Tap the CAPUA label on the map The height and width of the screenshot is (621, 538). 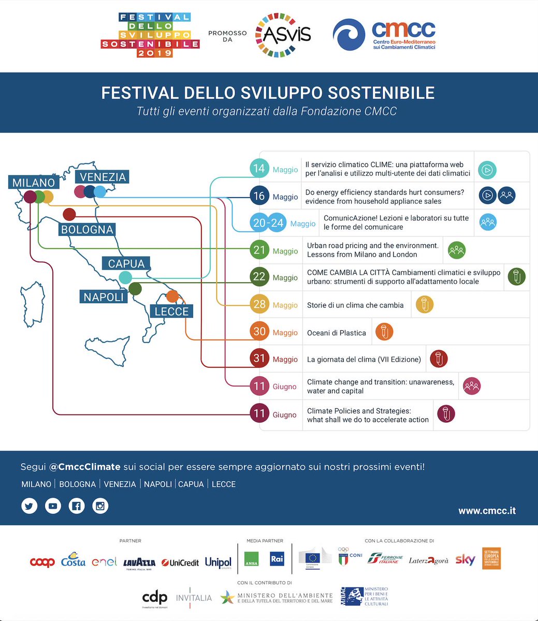coord(126,263)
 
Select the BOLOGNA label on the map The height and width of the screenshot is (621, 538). coord(87,229)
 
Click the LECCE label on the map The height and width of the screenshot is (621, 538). coord(172,312)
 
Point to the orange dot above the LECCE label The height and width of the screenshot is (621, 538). coord(172,296)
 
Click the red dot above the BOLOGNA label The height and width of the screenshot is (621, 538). coord(69,214)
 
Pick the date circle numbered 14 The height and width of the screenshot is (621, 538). coord(259,169)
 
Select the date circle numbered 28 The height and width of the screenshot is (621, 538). coord(259,304)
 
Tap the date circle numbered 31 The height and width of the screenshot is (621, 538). coord(259,359)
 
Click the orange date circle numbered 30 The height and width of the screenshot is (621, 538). coord(259,331)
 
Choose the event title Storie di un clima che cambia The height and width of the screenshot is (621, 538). coord(355,305)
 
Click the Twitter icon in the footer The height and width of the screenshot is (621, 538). coord(30,506)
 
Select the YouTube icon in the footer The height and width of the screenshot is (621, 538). coord(53,506)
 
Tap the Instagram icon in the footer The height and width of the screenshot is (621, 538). coord(100,506)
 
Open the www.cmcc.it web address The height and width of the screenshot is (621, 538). coord(487,511)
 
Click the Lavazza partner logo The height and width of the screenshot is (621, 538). coord(139,563)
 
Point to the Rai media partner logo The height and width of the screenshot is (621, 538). coord(277,559)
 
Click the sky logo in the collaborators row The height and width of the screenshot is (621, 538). coord(465,559)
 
